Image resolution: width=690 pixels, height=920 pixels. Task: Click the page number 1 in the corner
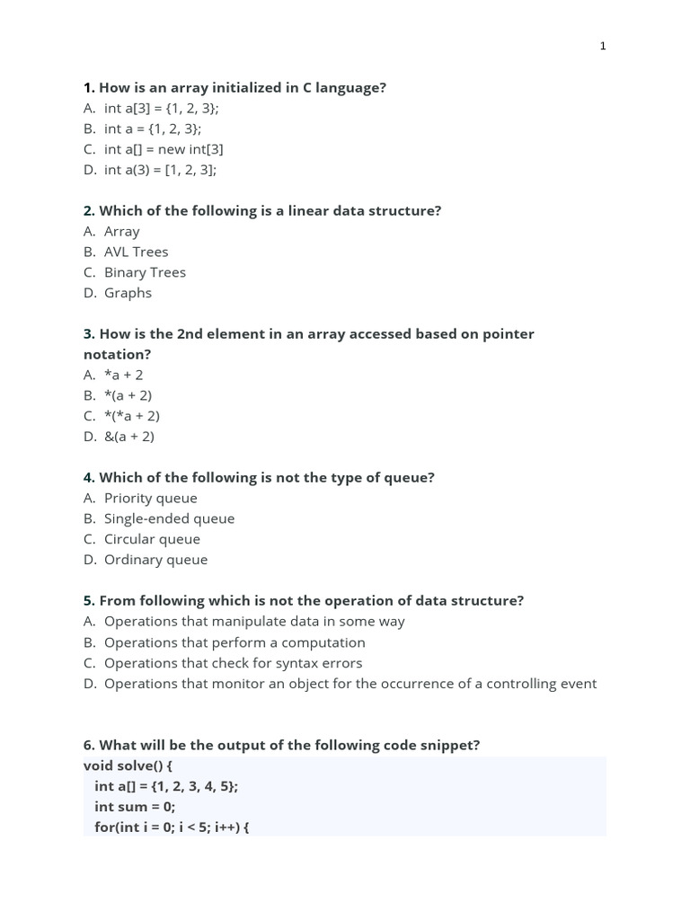click(603, 46)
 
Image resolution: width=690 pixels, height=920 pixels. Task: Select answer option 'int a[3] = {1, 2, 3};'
click(161, 108)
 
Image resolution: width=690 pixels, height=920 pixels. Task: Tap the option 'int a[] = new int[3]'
click(164, 149)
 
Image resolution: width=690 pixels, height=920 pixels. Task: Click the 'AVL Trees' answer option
click(136, 252)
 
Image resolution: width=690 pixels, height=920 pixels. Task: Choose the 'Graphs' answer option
click(128, 293)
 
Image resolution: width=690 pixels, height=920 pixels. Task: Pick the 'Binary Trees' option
click(145, 272)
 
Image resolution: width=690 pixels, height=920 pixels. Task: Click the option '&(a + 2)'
click(129, 437)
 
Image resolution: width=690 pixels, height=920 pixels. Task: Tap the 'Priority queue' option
click(150, 498)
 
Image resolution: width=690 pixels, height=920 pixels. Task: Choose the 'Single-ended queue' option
click(169, 518)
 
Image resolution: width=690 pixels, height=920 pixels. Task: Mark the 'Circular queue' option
click(152, 539)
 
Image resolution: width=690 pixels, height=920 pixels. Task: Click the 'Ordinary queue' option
click(155, 560)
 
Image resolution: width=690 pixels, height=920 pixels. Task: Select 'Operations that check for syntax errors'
click(233, 663)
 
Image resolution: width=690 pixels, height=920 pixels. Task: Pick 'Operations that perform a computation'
click(234, 642)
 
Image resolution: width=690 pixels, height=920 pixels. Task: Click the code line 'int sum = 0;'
click(135, 807)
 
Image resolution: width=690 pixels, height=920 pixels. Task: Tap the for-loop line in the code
click(171, 827)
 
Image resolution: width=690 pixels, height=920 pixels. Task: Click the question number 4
click(89, 478)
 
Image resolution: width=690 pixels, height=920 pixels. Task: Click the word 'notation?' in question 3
click(118, 355)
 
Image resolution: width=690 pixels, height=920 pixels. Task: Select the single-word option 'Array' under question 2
click(121, 232)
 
